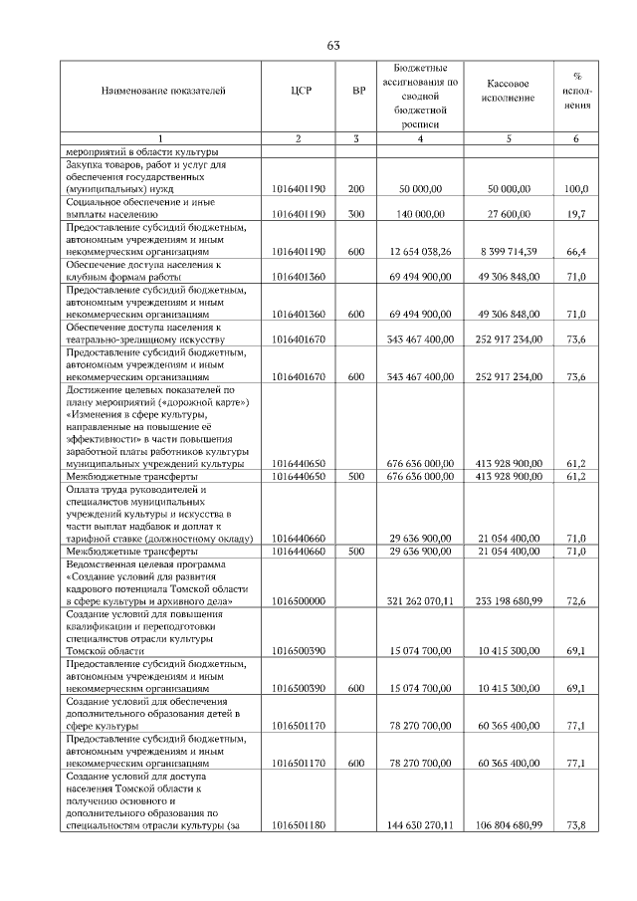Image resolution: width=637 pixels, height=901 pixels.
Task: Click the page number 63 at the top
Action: point(333,44)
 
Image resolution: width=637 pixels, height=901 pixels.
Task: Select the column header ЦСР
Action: point(302,91)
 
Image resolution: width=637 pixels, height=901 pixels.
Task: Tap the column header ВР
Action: point(358,91)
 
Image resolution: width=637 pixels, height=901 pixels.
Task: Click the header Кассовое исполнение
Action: point(509,91)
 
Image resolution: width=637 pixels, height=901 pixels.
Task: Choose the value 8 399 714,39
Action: point(508,251)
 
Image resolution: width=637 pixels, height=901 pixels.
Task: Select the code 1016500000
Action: point(302,602)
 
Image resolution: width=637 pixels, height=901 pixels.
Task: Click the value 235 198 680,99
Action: point(508,602)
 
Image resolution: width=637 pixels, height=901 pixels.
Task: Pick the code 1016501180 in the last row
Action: point(302,824)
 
